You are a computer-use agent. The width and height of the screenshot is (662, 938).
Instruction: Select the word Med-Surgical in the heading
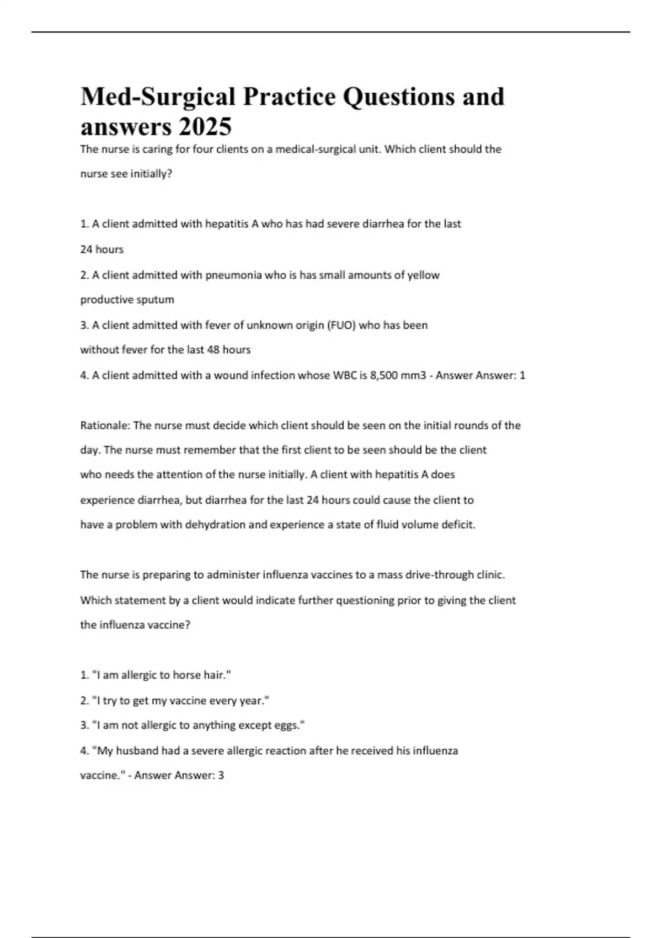tap(158, 97)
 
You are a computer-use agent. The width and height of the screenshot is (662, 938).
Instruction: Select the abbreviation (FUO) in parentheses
tap(341, 325)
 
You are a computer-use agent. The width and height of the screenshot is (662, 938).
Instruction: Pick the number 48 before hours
tap(213, 350)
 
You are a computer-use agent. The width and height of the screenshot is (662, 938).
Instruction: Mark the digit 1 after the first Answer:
tap(522, 375)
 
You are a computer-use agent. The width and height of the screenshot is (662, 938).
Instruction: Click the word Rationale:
tap(105, 425)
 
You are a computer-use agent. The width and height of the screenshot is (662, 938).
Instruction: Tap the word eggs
tap(290, 725)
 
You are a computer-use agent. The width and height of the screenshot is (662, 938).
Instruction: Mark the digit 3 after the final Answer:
tap(221, 775)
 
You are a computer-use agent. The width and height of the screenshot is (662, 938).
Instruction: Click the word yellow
tap(423, 275)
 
